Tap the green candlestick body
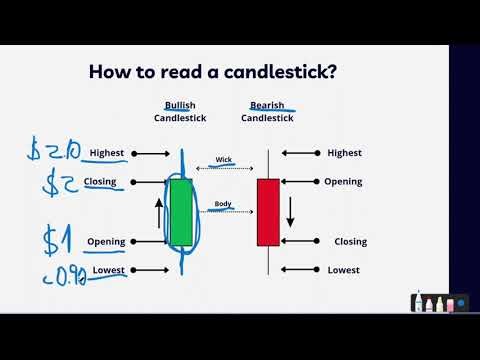point(180,212)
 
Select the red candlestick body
point(268,212)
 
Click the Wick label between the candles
point(223,159)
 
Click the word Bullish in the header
point(180,105)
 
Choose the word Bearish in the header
point(268,105)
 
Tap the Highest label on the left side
point(106,153)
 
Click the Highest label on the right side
point(345,153)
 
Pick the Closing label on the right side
point(345,241)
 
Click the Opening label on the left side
point(106,241)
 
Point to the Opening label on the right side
point(343,182)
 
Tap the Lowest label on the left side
point(107,270)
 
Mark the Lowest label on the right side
point(343,270)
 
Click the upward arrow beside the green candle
point(158,211)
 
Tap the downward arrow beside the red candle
point(291,211)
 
